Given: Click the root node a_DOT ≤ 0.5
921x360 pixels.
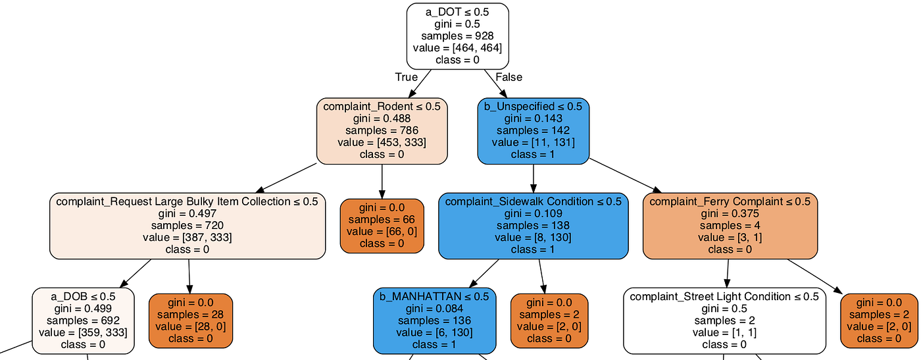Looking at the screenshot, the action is pyautogui.click(x=458, y=36).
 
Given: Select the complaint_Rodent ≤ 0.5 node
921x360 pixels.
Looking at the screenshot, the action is pyautogui.click(x=382, y=131).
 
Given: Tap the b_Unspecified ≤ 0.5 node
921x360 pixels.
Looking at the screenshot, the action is pyautogui.click(x=534, y=131).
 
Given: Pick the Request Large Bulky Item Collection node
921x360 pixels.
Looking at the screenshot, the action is pyautogui.click(x=187, y=226).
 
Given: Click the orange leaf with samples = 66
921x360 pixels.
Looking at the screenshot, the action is pyautogui.click(x=382, y=226).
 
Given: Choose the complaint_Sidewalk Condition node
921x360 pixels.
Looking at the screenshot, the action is pyautogui.click(x=534, y=226).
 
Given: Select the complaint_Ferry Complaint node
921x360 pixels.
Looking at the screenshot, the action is pyautogui.click(x=730, y=226).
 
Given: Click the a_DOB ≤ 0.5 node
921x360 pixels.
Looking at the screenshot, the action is pyautogui.click(x=83, y=321).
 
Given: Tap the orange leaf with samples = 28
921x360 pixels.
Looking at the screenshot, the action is pyautogui.click(x=191, y=321).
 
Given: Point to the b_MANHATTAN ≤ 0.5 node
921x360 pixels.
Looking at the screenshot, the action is pyautogui.click(x=435, y=321).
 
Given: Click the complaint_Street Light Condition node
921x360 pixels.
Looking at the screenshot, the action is pyautogui.click(x=724, y=321).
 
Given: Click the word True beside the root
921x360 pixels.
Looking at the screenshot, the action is pyautogui.click(x=407, y=78).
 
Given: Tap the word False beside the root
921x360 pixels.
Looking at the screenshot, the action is pyautogui.click(x=509, y=78).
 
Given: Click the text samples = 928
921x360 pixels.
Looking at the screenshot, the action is pyautogui.click(x=458, y=36).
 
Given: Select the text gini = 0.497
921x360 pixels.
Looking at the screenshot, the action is pyautogui.click(x=187, y=213).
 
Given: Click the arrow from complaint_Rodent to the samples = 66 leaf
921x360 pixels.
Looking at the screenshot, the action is pyautogui.click(x=382, y=182).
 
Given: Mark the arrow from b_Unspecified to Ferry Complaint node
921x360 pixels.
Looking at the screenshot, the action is pyautogui.click(x=626, y=176).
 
